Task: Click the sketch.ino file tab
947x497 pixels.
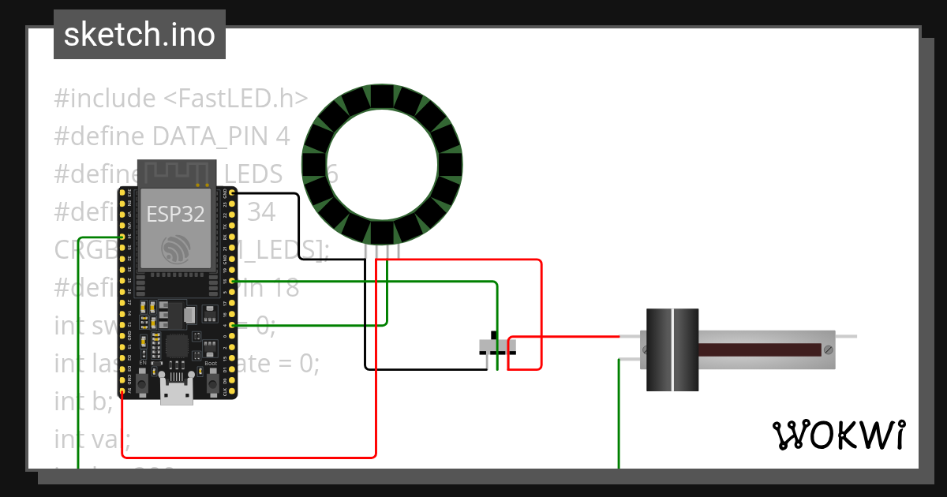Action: pyautogui.click(x=139, y=35)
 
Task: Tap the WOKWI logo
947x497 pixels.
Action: pyautogui.click(x=838, y=435)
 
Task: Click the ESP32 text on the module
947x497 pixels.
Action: pyautogui.click(x=175, y=213)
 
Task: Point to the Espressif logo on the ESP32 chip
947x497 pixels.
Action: pyautogui.click(x=176, y=248)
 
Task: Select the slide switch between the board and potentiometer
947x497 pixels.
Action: pyautogui.click(x=498, y=346)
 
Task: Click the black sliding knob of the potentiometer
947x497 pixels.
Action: pyautogui.click(x=672, y=349)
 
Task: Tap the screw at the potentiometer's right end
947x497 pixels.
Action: pyautogui.click(x=828, y=349)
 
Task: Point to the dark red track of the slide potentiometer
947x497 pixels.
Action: pyautogui.click(x=758, y=349)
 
